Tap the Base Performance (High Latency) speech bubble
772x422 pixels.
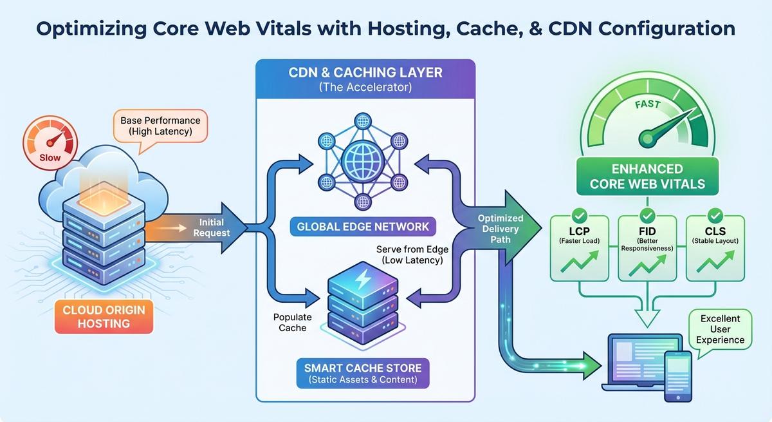[x=160, y=126]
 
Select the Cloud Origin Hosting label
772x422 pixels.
[x=104, y=316]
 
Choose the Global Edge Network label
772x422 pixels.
[x=363, y=226]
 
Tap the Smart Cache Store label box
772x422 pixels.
[x=363, y=374]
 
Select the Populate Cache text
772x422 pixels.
[x=292, y=323]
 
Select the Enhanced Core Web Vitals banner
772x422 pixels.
[x=647, y=177]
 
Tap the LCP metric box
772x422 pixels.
[x=580, y=249]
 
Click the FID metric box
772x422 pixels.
[x=647, y=249]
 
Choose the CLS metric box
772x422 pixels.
[x=715, y=249]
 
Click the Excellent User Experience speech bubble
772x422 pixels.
[x=720, y=329]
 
